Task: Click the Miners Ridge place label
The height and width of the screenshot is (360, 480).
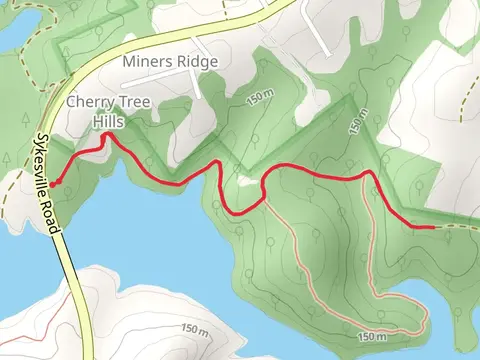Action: [169, 61]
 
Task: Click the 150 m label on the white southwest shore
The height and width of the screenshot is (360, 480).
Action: [195, 329]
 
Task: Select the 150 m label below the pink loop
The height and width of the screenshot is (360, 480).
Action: [370, 337]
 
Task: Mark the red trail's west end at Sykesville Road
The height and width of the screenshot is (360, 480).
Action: [52, 183]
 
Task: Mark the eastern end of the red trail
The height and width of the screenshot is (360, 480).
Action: [433, 227]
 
